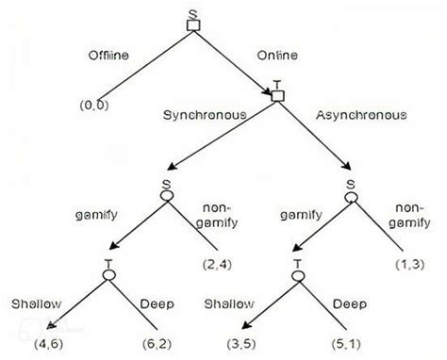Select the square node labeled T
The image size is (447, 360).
277,95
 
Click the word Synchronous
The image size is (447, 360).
207,115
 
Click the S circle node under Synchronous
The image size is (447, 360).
165,196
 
